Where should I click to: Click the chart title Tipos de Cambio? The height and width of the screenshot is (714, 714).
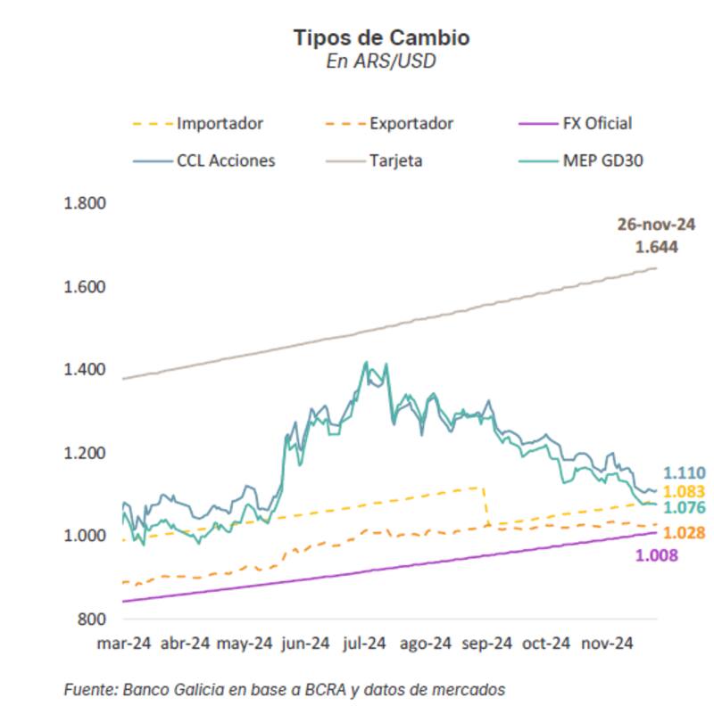(x=381, y=37)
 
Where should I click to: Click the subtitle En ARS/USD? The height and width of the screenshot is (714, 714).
(x=381, y=62)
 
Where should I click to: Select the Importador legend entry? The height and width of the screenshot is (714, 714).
(x=220, y=124)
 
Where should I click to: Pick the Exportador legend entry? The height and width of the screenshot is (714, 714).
(x=411, y=124)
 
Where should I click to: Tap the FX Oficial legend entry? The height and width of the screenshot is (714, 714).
(x=597, y=124)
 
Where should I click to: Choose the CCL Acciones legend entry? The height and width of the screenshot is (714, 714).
(x=225, y=161)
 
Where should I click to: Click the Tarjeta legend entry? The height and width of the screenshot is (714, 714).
(x=396, y=161)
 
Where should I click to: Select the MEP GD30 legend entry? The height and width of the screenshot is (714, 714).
(x=602, y=161)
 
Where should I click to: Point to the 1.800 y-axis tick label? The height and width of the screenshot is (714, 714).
(x=86, y=203)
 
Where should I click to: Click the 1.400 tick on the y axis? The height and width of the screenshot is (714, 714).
(x=86, y=370)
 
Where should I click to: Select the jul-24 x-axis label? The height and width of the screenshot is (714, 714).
(x=364, y=643)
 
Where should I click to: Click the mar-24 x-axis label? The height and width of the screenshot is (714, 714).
(x=124, y=643)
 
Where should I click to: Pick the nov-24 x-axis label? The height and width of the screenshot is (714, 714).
(x=606, y=643)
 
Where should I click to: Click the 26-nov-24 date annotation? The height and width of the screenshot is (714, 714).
(x=656, y=224)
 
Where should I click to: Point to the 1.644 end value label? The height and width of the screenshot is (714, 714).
(x=657, y=247)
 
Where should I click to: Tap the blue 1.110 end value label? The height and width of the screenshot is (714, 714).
(x=685, y=473)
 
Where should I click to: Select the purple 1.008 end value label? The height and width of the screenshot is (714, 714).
(x=657, y=555)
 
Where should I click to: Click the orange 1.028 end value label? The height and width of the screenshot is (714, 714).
(x=685, y=533)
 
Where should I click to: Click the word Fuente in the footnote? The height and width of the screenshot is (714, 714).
(x=89, y=690)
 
